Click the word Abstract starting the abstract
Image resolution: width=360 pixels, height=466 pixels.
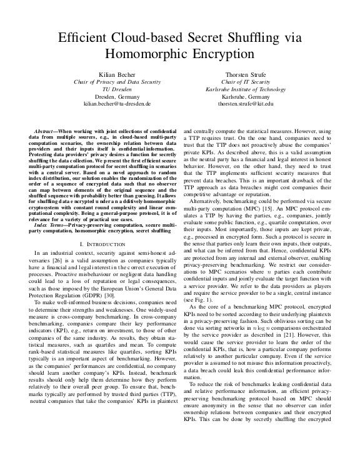46,132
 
